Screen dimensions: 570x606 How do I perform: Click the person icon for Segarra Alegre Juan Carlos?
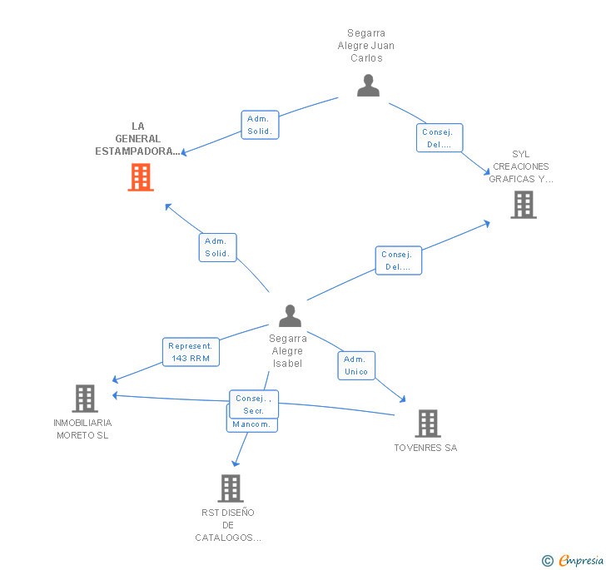click(x=368, y=86)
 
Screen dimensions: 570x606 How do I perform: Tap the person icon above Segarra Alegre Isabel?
click(x=290, y=316)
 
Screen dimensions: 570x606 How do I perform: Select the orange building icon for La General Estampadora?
click(x=141, y=177)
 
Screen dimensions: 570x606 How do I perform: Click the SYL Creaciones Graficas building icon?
click(x=523, y=205)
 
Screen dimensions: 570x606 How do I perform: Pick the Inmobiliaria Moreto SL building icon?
click(x=84, y=399)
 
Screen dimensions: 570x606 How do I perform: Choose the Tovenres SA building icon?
click(x=427, y=424)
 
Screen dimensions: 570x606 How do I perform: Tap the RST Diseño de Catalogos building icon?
click(x=231, y=488)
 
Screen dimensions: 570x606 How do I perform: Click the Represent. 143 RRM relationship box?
click(x=191, y=352)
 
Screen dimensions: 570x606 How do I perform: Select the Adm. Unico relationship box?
click(x=355, y=365)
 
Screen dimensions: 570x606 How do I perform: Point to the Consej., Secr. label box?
click(x=253, y=404)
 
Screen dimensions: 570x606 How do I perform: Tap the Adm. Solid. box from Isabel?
click(x=218, y=247)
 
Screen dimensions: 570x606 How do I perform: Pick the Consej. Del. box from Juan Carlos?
click(x=439, y=138)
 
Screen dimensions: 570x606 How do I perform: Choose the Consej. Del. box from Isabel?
click(x=398, y=260)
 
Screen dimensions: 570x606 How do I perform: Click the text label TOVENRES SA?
click(x=425, y=448)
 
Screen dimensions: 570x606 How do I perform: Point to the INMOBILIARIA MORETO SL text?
click(x=82, y=429)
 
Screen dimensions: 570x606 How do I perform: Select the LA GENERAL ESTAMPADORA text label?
click(x=137, y=139)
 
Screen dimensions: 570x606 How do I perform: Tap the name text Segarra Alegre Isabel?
click(x=288, y=351)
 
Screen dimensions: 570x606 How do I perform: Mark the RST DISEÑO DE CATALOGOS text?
click(x=228, y=525)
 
